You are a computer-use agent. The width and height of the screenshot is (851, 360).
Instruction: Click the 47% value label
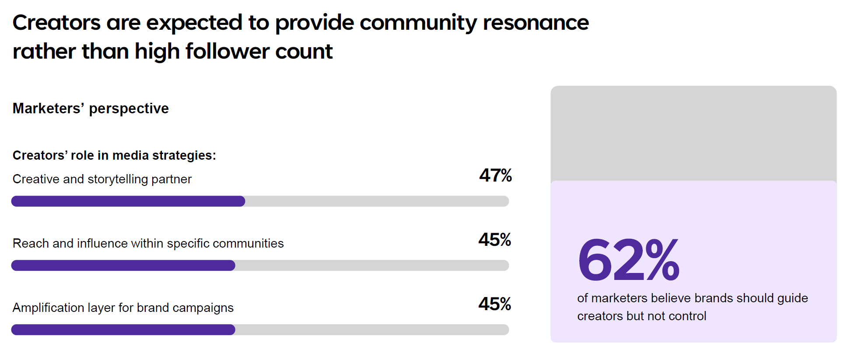[495, 175]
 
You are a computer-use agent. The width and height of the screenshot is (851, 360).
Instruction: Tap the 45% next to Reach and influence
[495, 240]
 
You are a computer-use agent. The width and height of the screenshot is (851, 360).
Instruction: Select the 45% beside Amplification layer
[495, 304]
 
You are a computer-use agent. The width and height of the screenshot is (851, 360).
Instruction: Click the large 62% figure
[628, 260]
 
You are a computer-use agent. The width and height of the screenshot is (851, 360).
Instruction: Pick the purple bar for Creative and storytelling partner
[128, 201]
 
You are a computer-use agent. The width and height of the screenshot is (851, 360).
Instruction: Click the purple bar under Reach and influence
[123, 266]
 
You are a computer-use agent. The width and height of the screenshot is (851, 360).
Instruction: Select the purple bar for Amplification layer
[123, 330]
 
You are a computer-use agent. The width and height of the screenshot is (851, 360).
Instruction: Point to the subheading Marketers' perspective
[91, 108]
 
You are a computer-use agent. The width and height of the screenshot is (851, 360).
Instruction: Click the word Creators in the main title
[56, 23]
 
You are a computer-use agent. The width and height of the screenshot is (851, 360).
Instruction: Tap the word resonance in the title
[536, 23]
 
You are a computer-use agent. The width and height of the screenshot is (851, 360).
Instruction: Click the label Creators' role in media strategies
[114, 155]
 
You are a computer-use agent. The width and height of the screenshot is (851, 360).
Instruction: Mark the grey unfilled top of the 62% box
[693, 133]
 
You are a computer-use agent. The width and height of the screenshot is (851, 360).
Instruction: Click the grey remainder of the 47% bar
[377, 201]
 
